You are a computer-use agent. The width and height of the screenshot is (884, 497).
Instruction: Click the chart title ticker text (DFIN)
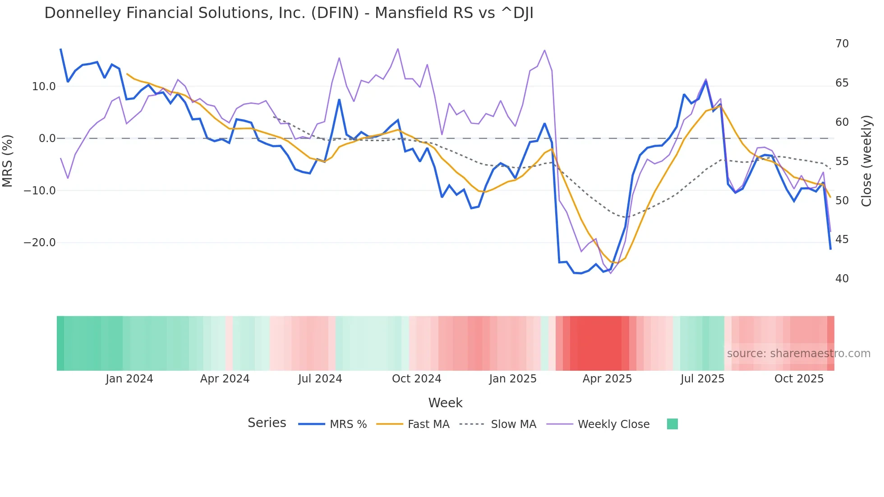[335, 13]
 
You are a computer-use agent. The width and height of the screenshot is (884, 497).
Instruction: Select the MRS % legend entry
[348, 424]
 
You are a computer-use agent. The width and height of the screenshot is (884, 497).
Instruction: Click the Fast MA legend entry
[428, 424]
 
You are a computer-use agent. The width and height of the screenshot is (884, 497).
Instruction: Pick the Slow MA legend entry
[513, 424]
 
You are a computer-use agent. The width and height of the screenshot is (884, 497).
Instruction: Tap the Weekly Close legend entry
[613, 424]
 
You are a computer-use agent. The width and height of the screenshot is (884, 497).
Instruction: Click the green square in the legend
[672, 424]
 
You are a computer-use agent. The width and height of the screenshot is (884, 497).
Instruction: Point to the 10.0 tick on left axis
[44, 87]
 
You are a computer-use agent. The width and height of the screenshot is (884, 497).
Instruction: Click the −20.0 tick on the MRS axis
[40, 243]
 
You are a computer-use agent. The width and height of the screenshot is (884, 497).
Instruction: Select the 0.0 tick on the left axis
[47, 138]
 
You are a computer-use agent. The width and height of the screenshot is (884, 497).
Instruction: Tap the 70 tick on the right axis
[842, 44]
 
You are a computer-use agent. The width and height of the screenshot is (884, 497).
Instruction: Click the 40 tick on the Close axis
[842, 279]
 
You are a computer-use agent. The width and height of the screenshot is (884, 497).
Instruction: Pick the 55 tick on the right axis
[842, 161]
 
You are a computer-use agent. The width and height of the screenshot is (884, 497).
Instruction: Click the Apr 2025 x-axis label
[607, 379]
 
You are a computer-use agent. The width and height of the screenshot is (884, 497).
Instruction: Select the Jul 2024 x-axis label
[320, 379]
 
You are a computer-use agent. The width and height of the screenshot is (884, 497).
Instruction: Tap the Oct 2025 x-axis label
[799, 379]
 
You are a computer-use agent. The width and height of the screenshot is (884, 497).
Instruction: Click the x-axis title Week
[445, 403]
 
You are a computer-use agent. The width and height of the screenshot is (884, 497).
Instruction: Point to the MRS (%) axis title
[8, 161]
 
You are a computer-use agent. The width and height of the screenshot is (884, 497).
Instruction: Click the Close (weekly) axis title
[866, 161]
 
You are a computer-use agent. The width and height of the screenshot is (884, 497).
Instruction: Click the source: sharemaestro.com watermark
[798, 354]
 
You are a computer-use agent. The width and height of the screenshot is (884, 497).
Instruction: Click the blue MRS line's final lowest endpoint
[830, 249]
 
